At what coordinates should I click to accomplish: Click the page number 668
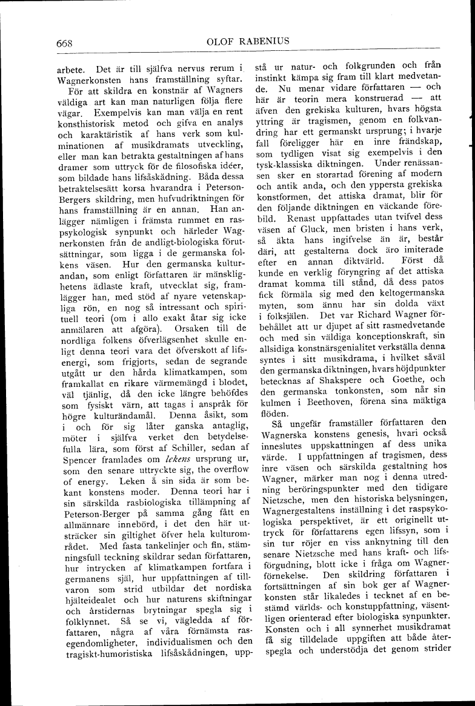[64, 42]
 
